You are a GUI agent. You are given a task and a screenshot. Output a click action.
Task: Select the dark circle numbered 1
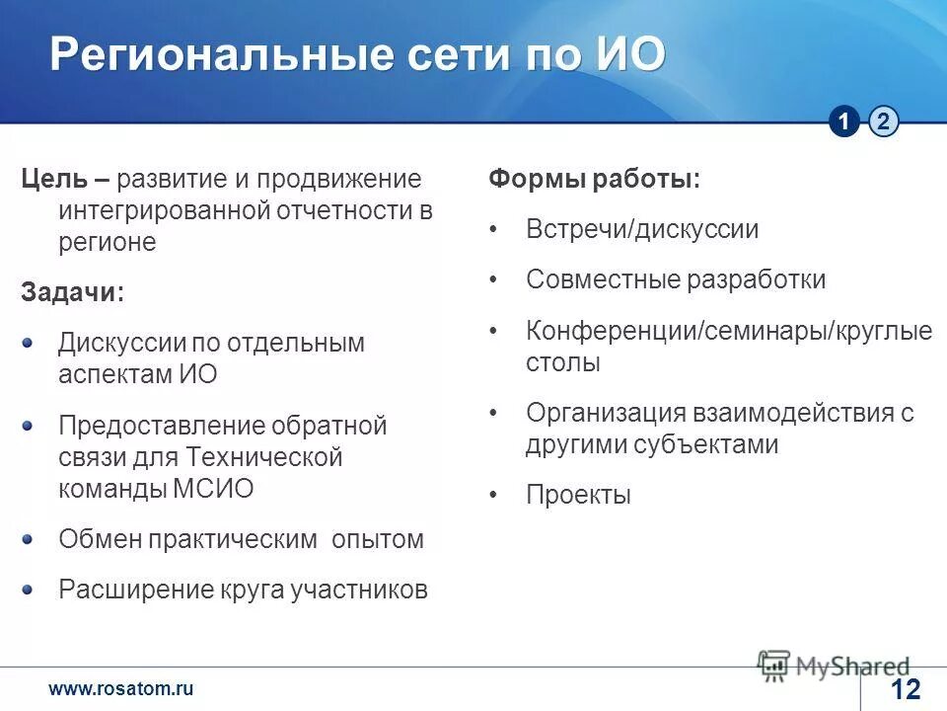(844, 121)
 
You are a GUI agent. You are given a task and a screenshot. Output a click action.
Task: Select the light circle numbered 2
(884, 121)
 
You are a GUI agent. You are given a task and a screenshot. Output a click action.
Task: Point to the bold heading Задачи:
(73, 292)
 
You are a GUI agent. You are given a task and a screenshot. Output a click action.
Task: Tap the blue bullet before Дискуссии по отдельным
(29, 342)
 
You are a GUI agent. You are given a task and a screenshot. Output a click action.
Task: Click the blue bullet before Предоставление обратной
(29, 425)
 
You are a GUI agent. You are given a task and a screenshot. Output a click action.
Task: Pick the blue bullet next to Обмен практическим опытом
(29, 538)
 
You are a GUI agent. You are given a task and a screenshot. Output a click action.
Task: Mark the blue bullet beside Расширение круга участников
(29, 589)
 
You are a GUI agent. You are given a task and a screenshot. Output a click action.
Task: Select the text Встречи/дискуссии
(642, 230)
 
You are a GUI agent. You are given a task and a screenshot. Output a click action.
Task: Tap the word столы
(563, 362)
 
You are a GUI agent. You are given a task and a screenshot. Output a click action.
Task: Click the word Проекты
(578, 495)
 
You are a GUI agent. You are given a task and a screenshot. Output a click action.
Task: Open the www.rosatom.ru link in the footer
(121, 689)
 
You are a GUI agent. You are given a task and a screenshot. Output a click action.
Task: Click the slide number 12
(905, 689)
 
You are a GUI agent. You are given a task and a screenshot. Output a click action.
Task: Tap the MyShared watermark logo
(834, 665)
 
